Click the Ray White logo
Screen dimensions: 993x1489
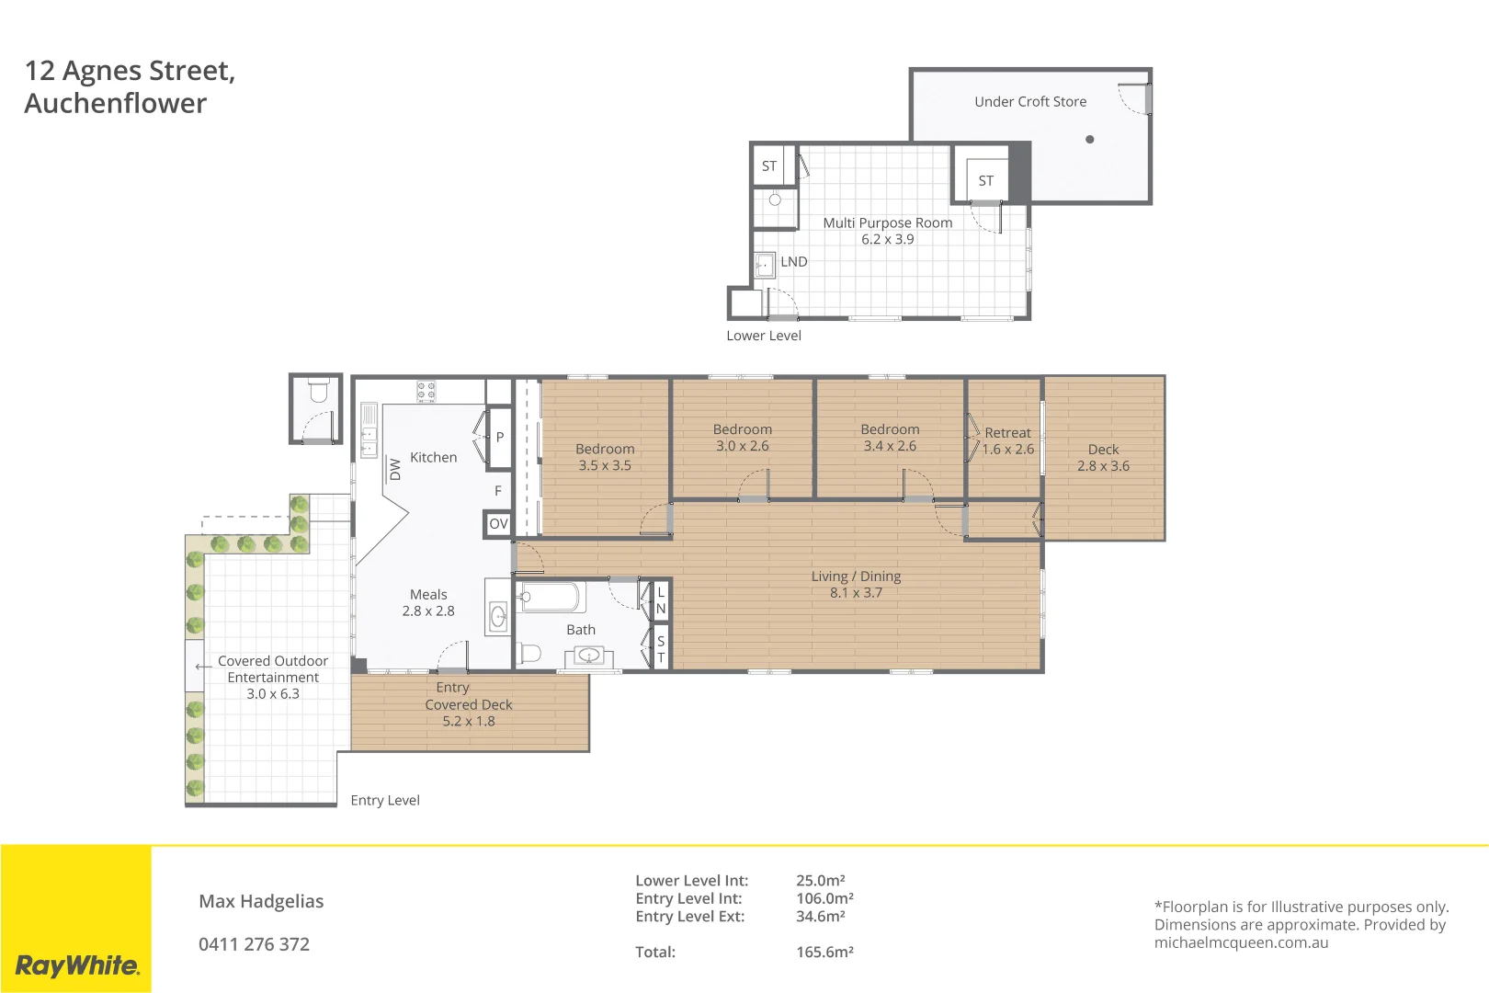point(77,965)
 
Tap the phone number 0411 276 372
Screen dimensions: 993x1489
point(254,944)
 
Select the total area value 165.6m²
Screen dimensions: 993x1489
point(824,953)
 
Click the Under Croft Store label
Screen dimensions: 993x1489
point(1030,102)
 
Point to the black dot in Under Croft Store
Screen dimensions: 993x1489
point(1089,140)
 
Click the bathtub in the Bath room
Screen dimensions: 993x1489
point(550,597)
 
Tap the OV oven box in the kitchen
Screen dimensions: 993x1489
point(498,524)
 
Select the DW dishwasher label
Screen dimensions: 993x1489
point(395,469)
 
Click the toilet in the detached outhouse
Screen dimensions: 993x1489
point(318,392)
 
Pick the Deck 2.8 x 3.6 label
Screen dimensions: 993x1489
point(1103,458)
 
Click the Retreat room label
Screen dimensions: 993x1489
point(1007,433)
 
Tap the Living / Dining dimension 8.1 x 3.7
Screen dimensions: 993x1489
point(856,593)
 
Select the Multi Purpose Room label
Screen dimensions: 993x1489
point(887,223)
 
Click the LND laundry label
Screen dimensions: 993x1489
point(793,262)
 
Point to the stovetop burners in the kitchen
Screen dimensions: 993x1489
point(426,392)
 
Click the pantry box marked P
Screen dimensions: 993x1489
point(499,438)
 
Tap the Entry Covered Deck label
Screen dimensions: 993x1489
point(468,704)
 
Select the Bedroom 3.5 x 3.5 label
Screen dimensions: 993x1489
point(605,457)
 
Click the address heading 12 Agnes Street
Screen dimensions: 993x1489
point(130,71)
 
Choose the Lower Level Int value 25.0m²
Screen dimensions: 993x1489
point(820,881)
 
